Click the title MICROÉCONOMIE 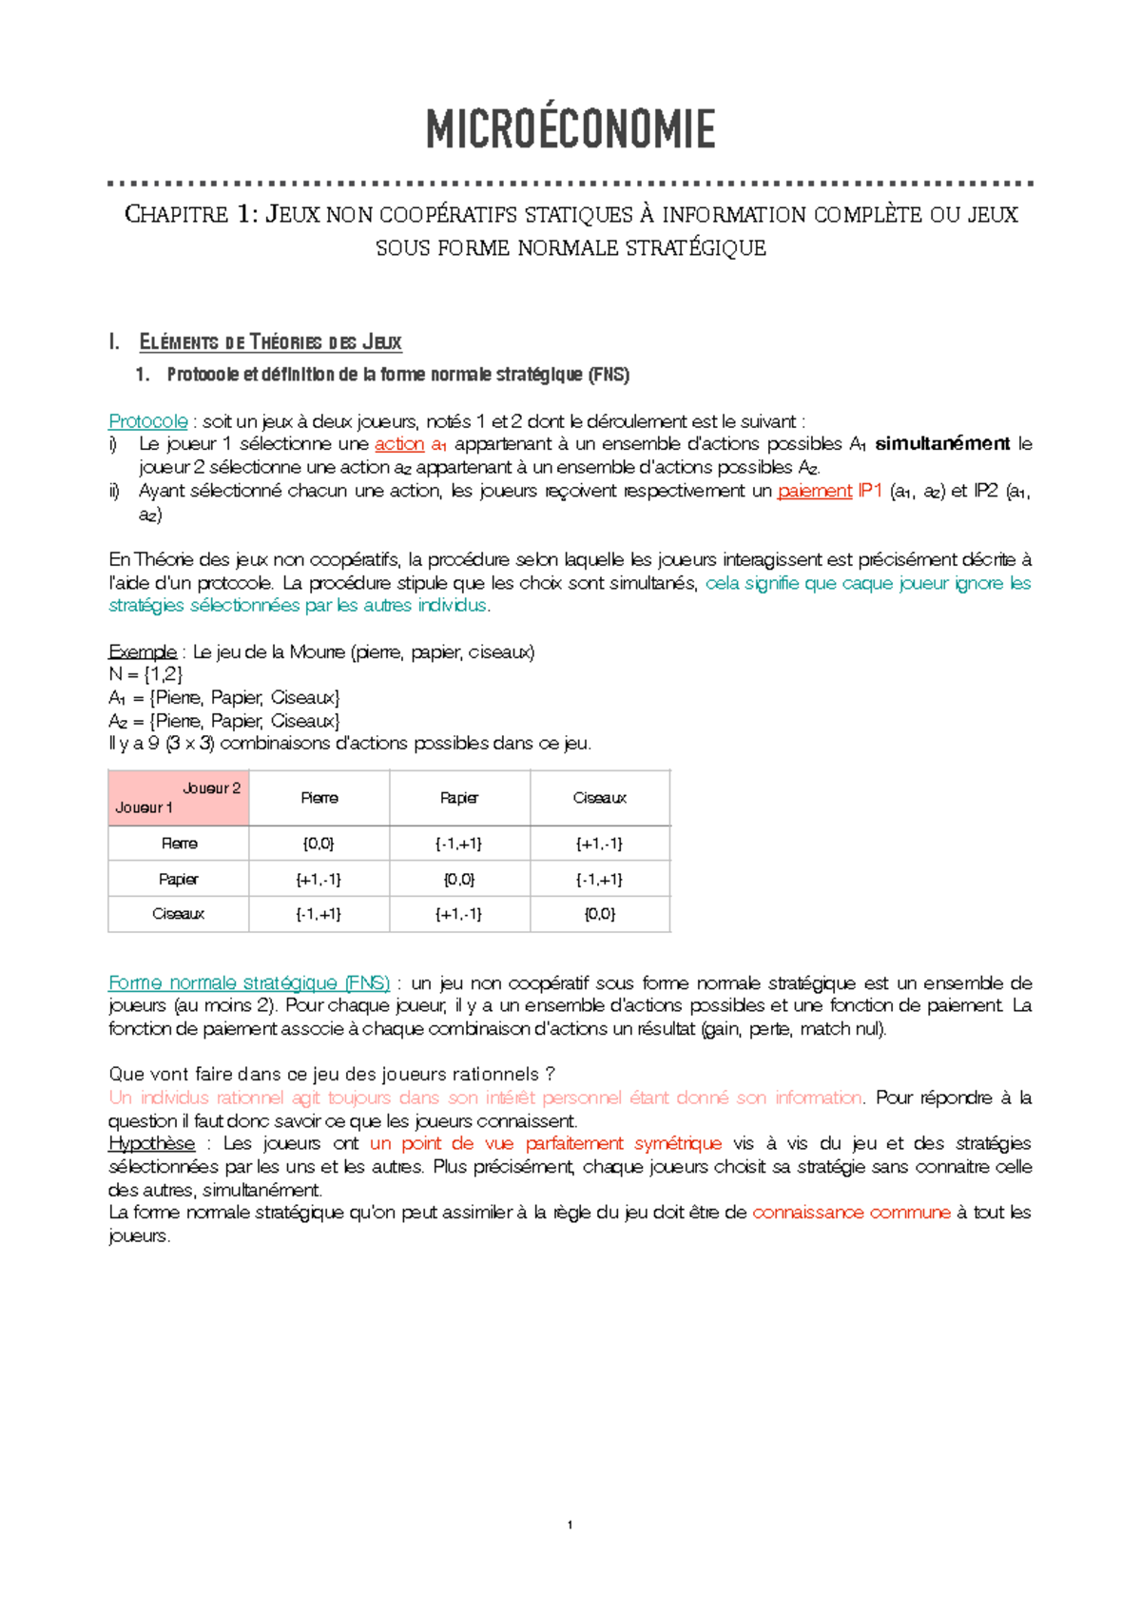coord(570,129)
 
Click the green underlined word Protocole coord(148,421)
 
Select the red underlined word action coord(399,444)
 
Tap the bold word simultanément coord(942,444)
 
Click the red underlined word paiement coord(815,492)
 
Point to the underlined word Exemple coord(143,652)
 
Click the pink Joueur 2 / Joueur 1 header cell coord(179,798)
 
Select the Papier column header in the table coord(459,798)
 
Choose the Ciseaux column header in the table coord(600,798)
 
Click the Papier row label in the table coord(179,880)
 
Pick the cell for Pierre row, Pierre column coord(319,844)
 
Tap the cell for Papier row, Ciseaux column coord(600,880)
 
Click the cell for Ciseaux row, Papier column coord(459,914)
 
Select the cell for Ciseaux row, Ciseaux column coord(600,914)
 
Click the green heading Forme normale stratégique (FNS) coord(249,983)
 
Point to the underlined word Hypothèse coord(152,1143)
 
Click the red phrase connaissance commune coord(851,1213)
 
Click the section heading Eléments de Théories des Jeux coord(271,342)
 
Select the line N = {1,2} coord(145,674)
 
